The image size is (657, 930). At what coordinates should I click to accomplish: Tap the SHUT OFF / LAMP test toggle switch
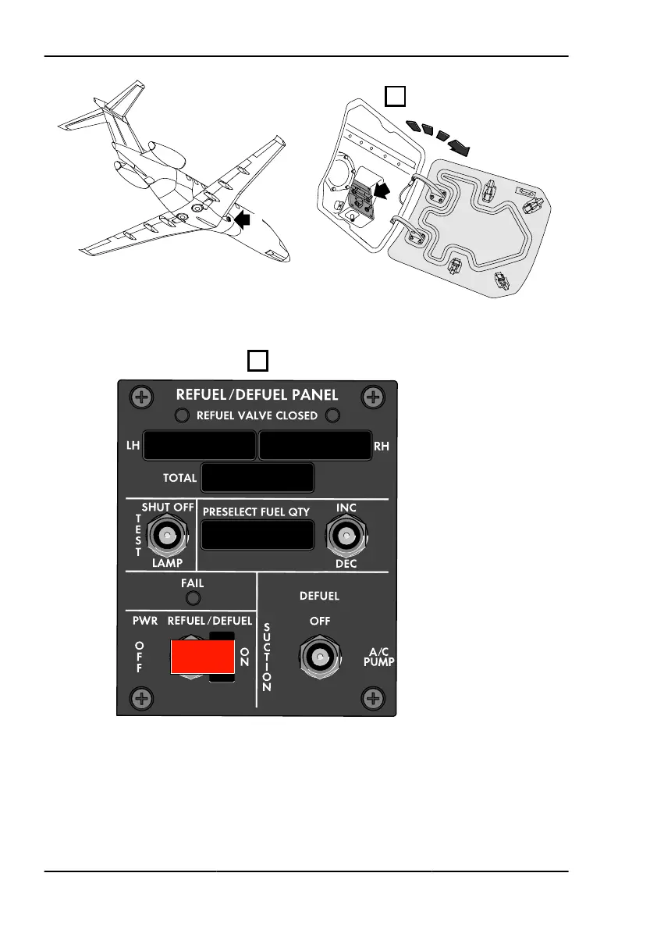click(165, 536)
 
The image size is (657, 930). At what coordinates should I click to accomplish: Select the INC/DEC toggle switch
click(347, 536)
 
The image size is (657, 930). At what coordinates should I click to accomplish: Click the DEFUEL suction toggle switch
click(318, 658)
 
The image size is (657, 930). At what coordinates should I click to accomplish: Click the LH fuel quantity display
click(200, 445)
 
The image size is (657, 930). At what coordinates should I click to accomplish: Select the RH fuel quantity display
click(314, 445)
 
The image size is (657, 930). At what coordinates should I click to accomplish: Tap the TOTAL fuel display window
click(257, 478)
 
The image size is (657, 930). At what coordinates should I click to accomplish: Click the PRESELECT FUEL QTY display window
click(257, 536)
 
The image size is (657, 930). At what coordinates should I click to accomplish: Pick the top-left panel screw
click(140, 397)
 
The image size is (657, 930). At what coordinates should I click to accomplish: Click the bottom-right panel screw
click(375, 697)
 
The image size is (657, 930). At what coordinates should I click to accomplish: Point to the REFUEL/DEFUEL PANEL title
click(257, 396)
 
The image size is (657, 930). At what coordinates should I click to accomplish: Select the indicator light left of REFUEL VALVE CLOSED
click(181, 415)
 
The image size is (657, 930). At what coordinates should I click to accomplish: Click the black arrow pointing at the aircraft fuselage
click(244, 221)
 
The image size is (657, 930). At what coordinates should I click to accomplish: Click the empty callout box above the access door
click(396, 96)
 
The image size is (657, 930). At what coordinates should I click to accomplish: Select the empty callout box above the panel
click(258, 360)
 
